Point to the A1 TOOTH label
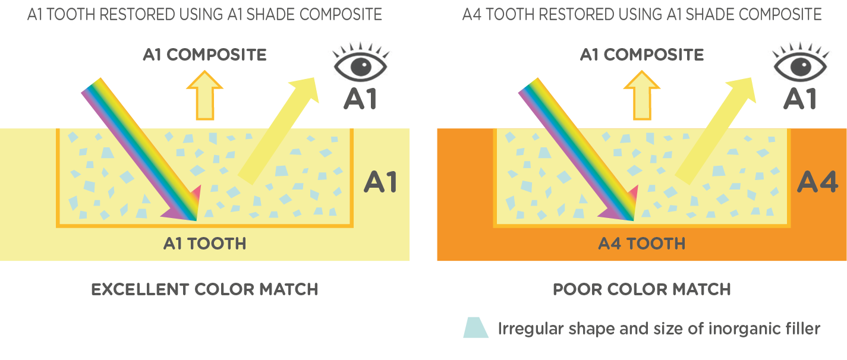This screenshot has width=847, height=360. [204, 244]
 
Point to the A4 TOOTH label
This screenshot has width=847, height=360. [642, 244]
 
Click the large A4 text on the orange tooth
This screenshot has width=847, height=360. [817, 182]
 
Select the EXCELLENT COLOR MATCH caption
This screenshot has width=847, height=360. [204, 290]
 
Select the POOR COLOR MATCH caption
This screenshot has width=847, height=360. [642, 290]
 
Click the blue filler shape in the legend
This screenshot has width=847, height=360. [476, 328]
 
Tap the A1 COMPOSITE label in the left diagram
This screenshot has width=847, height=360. [204, 55]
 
